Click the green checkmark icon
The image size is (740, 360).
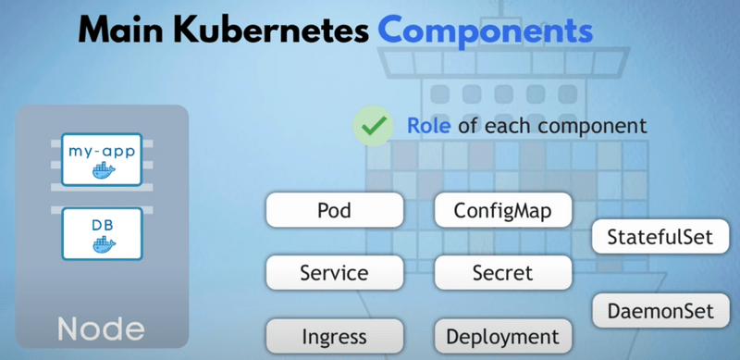374,126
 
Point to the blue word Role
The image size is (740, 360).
430,125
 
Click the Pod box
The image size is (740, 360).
334,210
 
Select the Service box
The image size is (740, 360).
334,273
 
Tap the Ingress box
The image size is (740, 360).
334,336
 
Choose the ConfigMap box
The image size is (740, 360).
502,210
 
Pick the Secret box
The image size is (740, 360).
502,273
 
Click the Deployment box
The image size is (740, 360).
502,336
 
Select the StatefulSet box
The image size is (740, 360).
660,237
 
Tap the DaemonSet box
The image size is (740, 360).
660,308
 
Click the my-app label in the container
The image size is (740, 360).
102,149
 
